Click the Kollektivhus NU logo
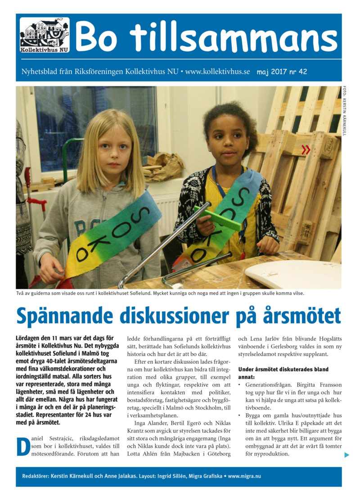tap(45, 36)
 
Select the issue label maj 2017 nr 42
tap(282, 72)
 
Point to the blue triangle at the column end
tap(346, 455)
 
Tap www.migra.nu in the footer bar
tap(245, 476)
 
